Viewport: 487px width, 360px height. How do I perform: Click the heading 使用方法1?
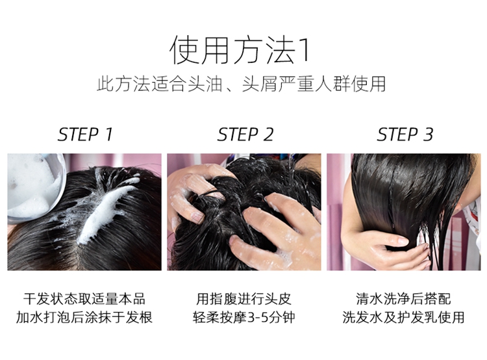240,50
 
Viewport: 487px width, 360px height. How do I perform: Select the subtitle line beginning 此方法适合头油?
242,84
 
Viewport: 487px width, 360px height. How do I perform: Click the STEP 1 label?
85,135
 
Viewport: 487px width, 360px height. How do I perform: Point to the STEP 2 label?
245,135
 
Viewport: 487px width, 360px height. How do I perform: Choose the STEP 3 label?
405,135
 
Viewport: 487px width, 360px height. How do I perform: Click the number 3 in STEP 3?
428,135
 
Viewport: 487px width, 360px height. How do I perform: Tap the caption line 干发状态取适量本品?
84,299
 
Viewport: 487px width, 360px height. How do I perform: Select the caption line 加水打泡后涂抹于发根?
84,317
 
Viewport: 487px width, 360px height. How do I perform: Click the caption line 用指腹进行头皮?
243,299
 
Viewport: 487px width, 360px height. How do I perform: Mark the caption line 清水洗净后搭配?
403,299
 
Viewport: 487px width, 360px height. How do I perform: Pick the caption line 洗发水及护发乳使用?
403,317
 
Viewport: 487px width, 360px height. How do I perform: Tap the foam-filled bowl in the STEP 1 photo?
34,186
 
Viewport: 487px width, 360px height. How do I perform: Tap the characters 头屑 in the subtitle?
260,84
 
